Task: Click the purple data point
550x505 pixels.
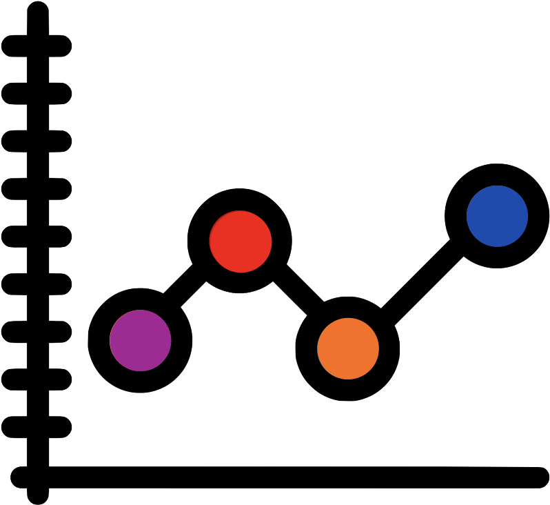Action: pyautogui.click(x=140, y=340)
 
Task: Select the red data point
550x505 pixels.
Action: pyautogui.click(x=240, y=241)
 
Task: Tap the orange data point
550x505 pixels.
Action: pyautogui.click(x=347, y=348)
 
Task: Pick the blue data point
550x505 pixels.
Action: pyautogui.click(x=497, y=216)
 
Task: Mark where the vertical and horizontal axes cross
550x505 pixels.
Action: pyautogui.click(x=38, y=477)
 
